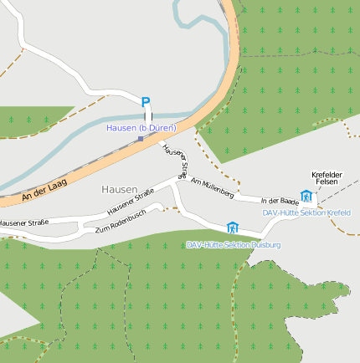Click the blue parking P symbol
tap(146, 103)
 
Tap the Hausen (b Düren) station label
tap(141, 128)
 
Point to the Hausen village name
tap(118, 190)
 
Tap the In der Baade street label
tap(280, 202)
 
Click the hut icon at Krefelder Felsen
tap(306, 197)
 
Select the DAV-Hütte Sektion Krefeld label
tap(306, 212)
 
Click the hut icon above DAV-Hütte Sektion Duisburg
tap(232, 228)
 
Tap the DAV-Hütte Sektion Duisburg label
tap(234, 244)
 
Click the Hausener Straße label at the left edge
tap(23, 222)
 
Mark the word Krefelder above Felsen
tap(327, 174)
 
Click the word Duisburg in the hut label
tap(265, 244)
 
